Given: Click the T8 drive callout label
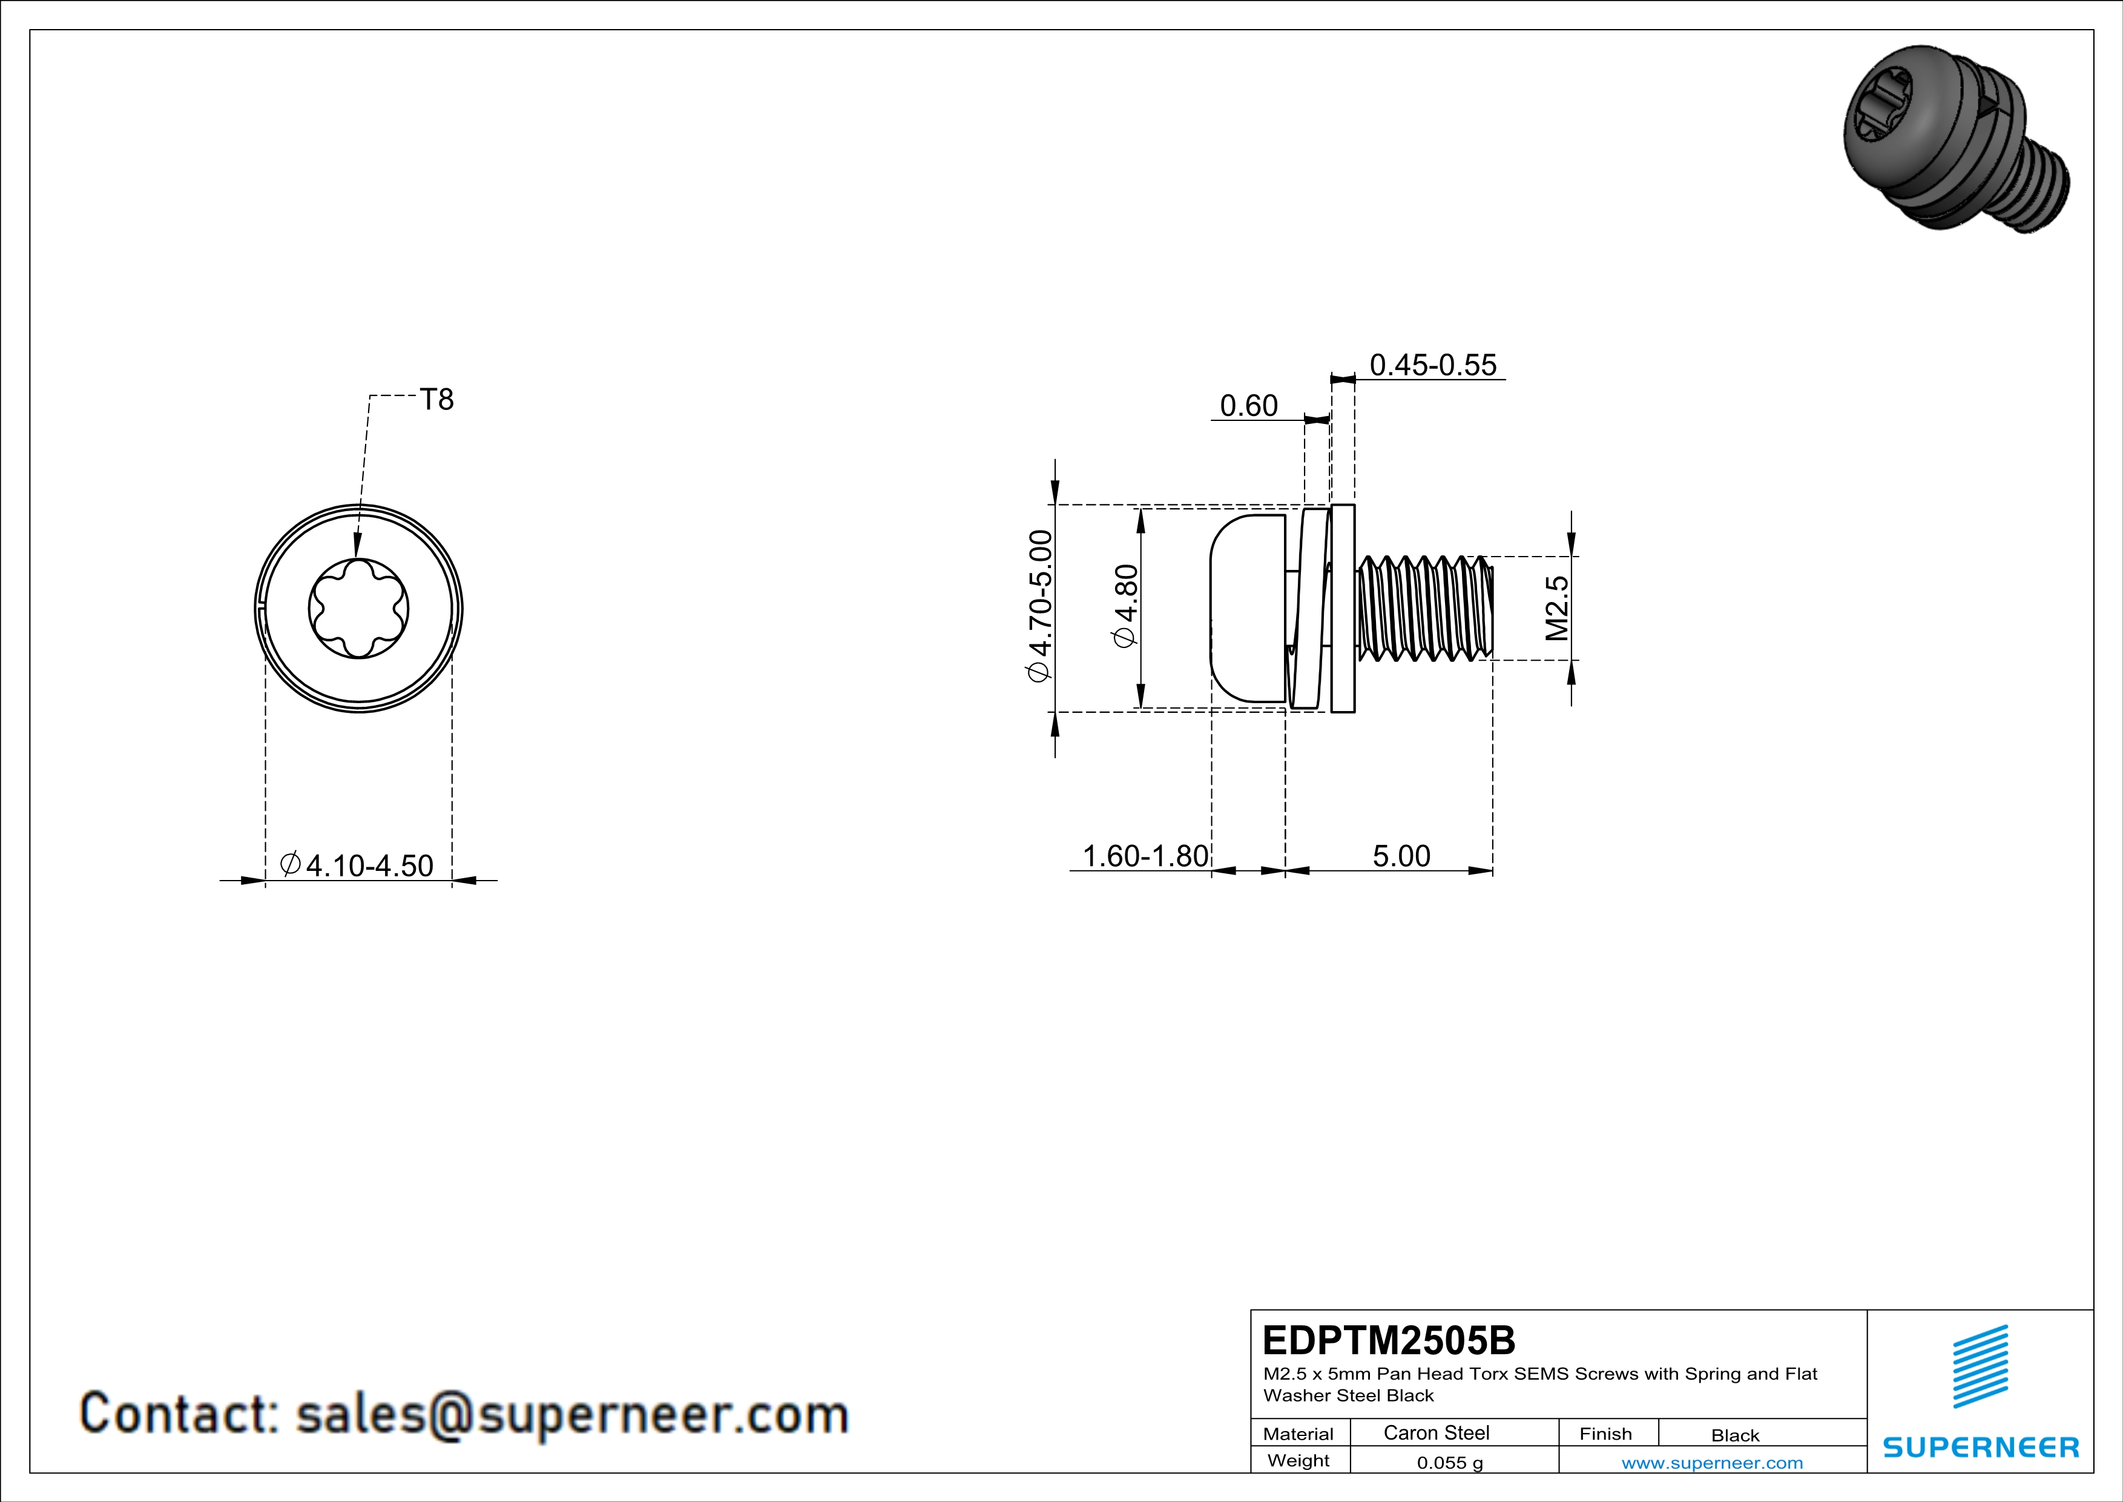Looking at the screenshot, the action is click(x=436, y=400).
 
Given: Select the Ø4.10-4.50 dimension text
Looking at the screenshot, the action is click(x=356, y=865).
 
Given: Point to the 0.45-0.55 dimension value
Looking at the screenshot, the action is click(x=1432, y=365).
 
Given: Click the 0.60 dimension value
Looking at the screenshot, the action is click(x=1248, y=406).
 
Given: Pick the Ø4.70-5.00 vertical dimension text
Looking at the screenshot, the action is click(x=1040, y=606).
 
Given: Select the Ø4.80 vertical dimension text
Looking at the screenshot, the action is click(x=1126, y=606).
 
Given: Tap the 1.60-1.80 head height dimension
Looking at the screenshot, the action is click(x=1145, y=856).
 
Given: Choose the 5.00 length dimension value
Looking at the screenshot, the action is click(x=1401, y=856).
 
